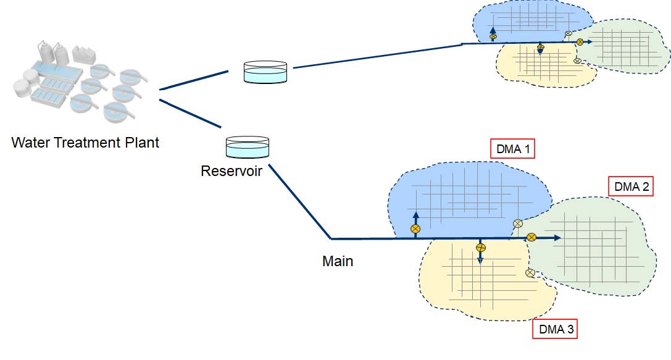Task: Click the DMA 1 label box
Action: coord(512,149)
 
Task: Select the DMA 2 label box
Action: coord(630,186)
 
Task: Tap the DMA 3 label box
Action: coord(556,329)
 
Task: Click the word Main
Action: coord(338,261)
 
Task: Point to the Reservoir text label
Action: coord(231,170)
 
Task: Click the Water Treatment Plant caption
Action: coord(85,143)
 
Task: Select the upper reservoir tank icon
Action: coord(265,72)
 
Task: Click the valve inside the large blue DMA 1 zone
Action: coord(415,229)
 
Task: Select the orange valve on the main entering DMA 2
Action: coord(531,237)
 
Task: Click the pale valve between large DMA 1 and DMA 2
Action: coord(519,224)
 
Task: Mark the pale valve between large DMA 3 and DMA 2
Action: coord(530,273)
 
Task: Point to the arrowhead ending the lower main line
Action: coord(557,238)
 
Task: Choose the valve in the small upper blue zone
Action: coord(493,37)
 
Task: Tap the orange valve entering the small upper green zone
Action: coord(580,42)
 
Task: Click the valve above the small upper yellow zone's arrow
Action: coord(540,46)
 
